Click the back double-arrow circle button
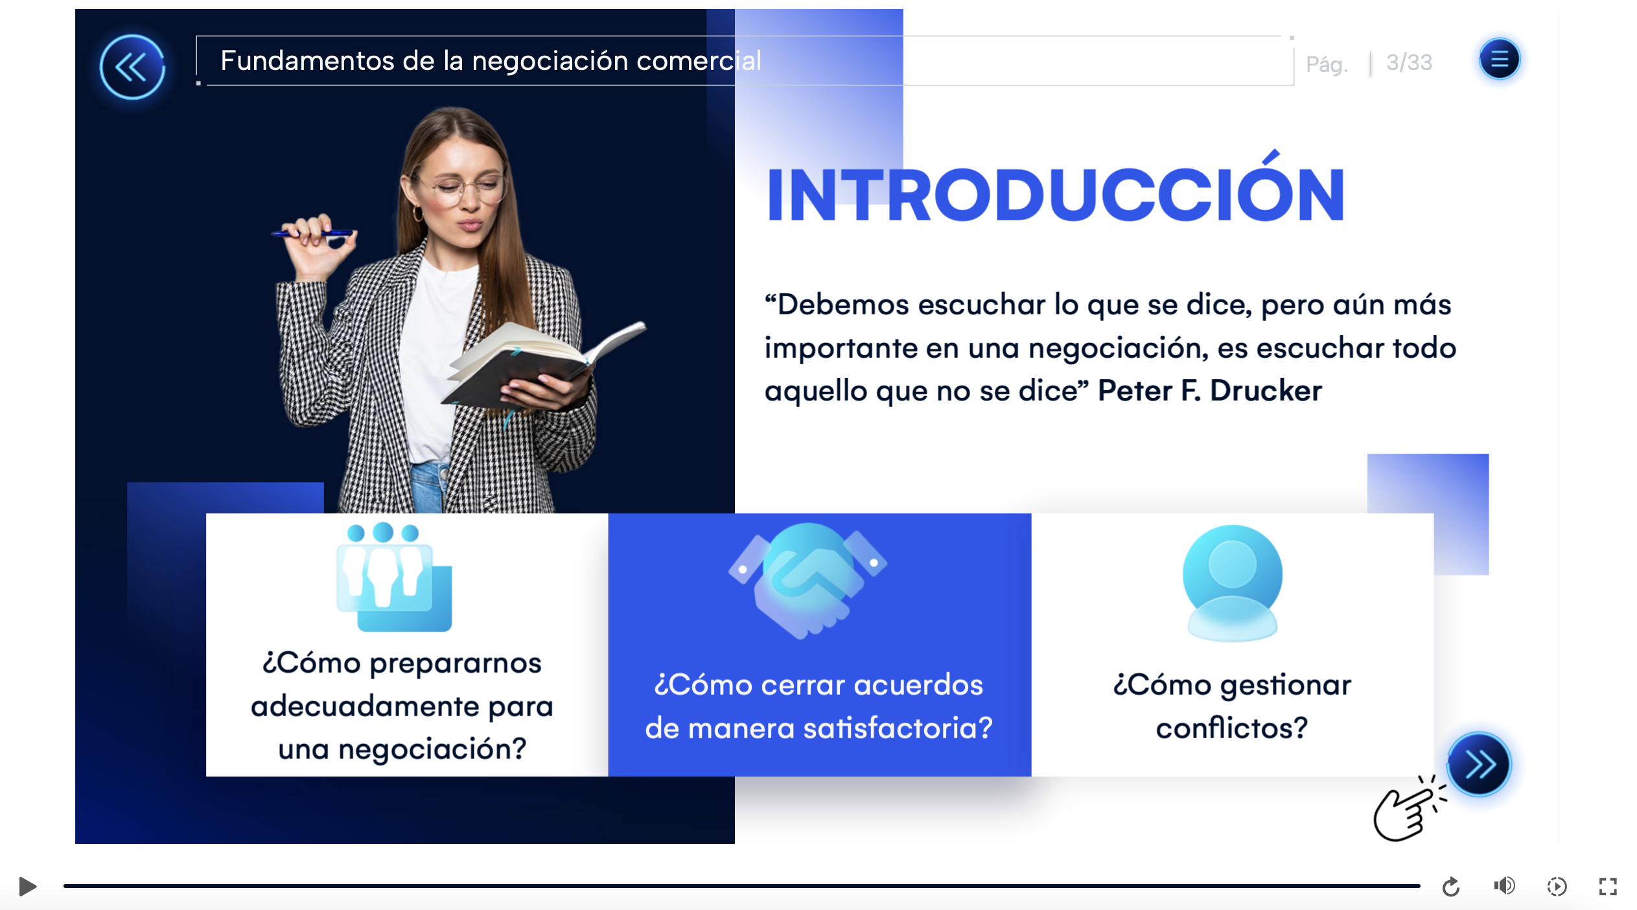132,67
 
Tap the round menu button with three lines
1499,59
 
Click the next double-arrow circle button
1479,764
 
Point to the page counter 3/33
1409,62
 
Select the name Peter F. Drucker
1209,391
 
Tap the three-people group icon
394,577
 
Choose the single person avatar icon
1232,583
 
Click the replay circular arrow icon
1451,886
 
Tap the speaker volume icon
1504,885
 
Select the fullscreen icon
1608,886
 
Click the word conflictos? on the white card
1232,729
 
